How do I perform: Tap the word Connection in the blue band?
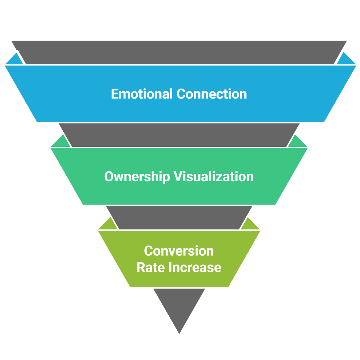(212, 94)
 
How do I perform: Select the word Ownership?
(137, 177)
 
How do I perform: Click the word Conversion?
(179, 251)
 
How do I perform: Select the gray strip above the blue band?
(179, 52)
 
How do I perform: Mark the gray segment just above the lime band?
(179, 218)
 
